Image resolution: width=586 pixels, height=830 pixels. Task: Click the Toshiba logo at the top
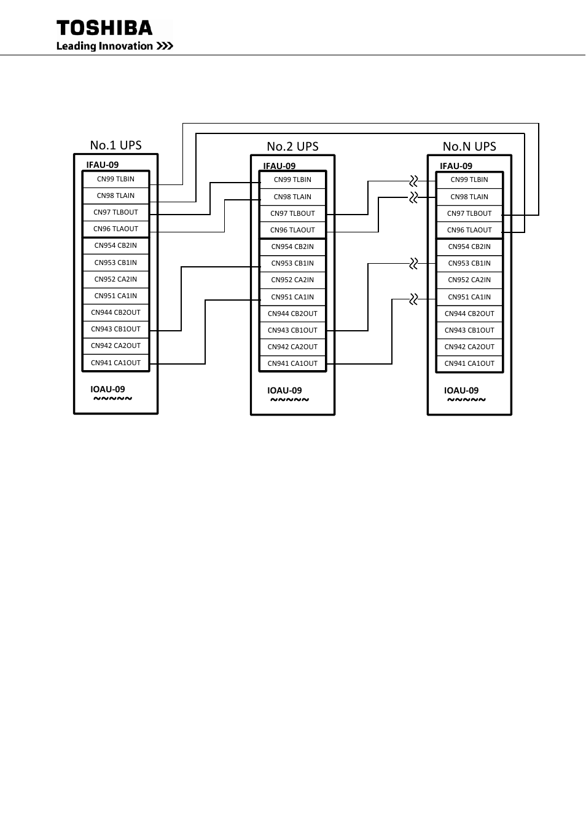point(104,28)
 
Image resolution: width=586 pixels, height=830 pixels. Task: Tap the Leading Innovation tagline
point(114,46)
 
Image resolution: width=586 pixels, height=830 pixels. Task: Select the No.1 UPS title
point(115,145)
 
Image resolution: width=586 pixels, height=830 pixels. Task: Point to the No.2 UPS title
point(292,146)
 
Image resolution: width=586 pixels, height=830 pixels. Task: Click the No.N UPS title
point(469,146)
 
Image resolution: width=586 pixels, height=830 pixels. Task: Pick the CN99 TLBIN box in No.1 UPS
point(115,179)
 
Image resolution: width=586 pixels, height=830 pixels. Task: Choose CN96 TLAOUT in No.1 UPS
point(115,229)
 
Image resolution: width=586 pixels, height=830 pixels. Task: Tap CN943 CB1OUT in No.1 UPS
point(115,329)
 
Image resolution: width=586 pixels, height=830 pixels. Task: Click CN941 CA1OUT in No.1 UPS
point(115,363)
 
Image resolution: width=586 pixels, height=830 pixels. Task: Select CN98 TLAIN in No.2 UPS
point(292,197)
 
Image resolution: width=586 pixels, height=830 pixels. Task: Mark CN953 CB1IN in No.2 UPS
point(292,263)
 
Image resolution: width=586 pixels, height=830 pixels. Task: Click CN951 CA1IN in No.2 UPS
point(292,297)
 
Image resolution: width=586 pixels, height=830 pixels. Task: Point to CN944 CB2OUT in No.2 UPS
point(292,314)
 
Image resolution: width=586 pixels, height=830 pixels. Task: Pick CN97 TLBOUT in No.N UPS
point(469,213)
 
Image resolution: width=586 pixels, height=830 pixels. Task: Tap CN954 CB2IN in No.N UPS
point(469,247)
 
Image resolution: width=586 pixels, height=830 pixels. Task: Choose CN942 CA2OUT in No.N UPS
point(469,347)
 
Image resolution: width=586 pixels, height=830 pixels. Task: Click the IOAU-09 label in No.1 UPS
point(107,389)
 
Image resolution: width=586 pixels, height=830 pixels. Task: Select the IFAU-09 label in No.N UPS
point(456,166)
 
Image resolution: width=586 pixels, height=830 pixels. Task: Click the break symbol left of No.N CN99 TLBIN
point(413,181)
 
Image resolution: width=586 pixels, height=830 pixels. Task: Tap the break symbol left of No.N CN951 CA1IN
point(413,299)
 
